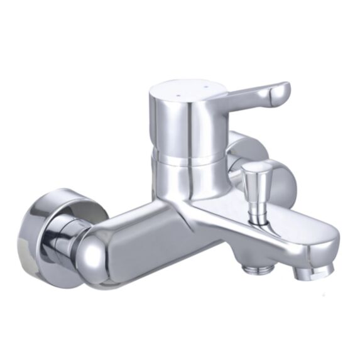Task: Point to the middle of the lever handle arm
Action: [245, 97]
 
